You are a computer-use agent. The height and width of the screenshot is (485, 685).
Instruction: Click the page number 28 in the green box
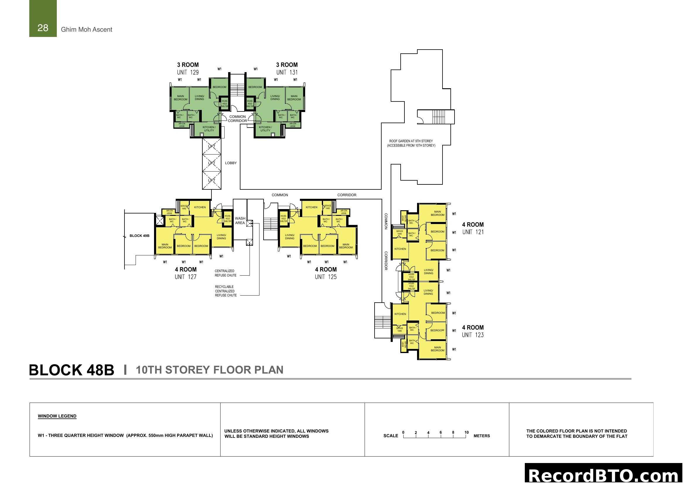coord(43,28)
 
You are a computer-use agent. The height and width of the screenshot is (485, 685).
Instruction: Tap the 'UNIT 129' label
coord(188,72)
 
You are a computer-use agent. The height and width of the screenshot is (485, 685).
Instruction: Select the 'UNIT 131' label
coord(287,72)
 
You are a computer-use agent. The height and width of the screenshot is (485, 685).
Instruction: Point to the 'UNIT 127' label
coord(186,277)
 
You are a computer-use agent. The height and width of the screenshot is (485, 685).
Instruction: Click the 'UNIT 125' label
coord(325,277)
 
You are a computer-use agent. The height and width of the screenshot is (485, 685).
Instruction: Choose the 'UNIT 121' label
coord(473,232)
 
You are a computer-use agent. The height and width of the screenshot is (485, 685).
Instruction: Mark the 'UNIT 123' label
coord(473,335)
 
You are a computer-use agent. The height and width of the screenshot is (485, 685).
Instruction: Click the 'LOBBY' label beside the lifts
coord(230,163)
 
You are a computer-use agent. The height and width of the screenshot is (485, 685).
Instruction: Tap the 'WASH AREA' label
coord(240,221)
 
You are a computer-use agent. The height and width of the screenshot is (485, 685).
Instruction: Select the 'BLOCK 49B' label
coord(139,236)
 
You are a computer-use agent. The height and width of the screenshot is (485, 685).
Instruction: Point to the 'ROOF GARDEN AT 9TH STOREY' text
coord(411,141)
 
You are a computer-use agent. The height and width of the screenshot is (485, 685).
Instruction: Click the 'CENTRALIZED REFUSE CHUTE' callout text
coord(225,273)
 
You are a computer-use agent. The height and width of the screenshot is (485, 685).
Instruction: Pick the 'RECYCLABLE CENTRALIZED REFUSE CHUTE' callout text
coord(226,291)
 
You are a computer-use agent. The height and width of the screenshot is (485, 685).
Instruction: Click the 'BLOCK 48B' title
coord(71,370)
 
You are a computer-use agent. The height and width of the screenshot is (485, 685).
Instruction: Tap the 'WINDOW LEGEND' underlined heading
coord(57,416)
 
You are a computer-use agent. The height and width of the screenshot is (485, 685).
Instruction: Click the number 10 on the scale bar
coord(466,433)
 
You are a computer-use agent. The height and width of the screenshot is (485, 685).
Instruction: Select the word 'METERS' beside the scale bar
coord(481,436)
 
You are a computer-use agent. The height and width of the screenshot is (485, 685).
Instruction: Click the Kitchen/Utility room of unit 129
coord(209,129)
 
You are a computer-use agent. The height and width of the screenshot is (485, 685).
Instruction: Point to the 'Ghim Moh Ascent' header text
coord(86,30)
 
